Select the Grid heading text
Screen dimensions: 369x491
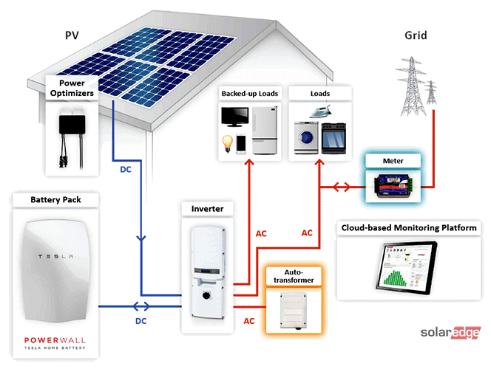[x=416, y=35]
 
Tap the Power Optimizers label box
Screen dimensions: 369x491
[x=72, y=89]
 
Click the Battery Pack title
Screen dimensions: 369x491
[x=55, y=200]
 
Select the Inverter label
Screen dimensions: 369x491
[x=207, y=209]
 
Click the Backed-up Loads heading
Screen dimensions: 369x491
[x=248, y=94]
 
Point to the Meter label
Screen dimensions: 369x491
[x=392, y=161]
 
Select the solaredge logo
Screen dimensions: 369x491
[x=450, y=333]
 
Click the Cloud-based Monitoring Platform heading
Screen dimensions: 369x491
[x=408, y=228]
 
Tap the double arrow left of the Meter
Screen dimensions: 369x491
[x=342, y=187]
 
